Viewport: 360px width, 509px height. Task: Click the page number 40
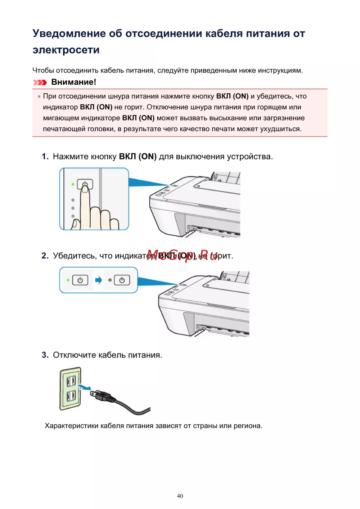[x=180, y=496]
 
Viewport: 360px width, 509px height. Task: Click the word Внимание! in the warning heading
[x=73, y=82]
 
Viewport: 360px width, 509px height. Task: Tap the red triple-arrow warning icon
[x=40, y=82]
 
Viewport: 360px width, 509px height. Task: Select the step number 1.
[x=45, y=157]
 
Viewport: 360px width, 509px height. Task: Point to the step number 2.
[x=45, y=256]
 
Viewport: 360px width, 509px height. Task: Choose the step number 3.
[x=45, y=355]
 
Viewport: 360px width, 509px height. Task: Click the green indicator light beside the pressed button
[x=73, y=184]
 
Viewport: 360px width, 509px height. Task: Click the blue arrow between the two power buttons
[x=98, y=280]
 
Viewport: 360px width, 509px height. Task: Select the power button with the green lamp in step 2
[x=80, y=280]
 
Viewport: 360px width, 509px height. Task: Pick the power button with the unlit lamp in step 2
[x=122, y=280]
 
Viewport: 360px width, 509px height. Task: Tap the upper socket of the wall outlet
[x=71, y=380]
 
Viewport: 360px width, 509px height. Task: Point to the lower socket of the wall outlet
[x=71, y=396]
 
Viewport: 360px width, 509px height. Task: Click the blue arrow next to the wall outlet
[x=85, y=387]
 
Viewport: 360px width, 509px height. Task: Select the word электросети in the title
[x=66, y=50]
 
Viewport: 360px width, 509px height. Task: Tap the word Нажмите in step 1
[x=71, y=157]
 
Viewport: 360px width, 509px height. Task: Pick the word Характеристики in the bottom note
[x=71, y=426]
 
